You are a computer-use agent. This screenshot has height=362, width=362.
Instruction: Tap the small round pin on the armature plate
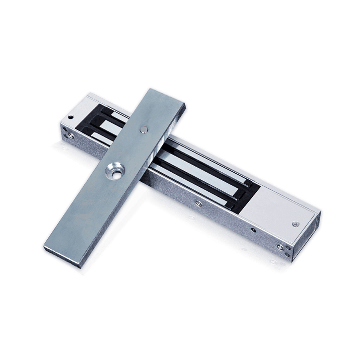point(144,129)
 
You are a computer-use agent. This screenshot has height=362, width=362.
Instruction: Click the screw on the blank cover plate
point(295,224)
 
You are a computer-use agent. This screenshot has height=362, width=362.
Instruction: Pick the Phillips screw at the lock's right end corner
point(281,248)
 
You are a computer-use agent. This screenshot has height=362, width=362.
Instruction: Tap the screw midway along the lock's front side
point(199,203)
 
